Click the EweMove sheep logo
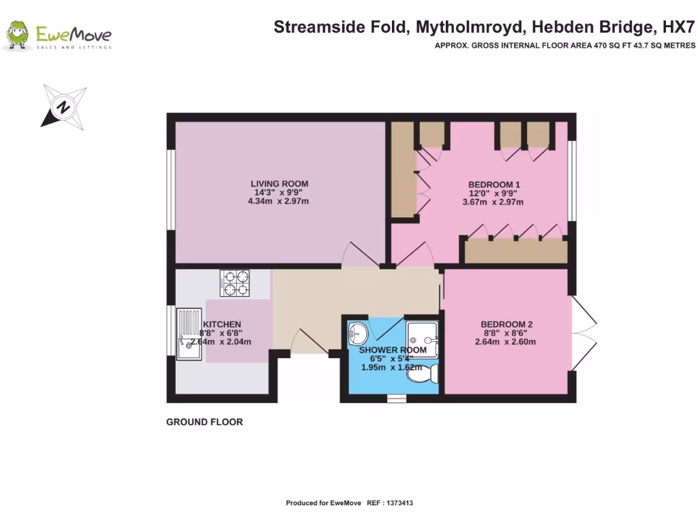pyautogui.click(x=18, y=35)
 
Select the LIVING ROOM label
pyautogui.click(x=279, y=184)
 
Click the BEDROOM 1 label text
pyautogui.click(x=494, y=185)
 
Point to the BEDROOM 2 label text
pyautogui.click(x=506, y=324)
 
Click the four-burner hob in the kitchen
pyautogui.click(x=236, y=283)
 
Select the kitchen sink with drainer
pyautogui.click(x=189, y=334)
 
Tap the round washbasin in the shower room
pyautogui.click(x=357, y=334)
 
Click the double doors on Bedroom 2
pyautogui.click(x=585, y=333)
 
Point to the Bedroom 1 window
pyautogui.click(x=573, y=180)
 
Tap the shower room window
pyautogui.click(x=396, y=400)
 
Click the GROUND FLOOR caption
pyautogui.click(x=204, y=422)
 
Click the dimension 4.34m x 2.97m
pyautogui.click(x=279, y=201)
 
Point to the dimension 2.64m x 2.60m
pyautogui.click(x=506, y=342)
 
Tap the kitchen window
pyautogui.click(x=170, y=330)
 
